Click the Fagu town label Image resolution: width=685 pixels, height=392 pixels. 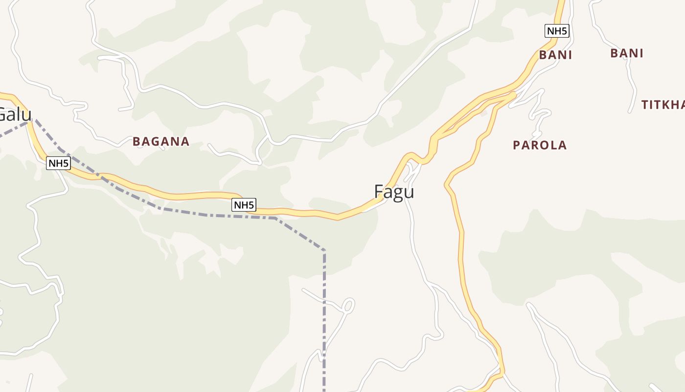[x=394, y=192]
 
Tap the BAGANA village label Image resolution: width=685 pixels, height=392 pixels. [x=160, y=142]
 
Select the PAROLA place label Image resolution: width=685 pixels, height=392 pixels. [x=539, y=145]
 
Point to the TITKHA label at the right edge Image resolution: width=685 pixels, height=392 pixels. [x=662, y=104]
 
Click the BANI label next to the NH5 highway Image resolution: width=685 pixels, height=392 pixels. [x=555, y=55]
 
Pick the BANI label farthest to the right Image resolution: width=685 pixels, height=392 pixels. [x=626, y=53]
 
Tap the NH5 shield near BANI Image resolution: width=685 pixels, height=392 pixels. [x=557, y=31]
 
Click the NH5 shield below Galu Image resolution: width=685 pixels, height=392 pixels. [x=58, y=163]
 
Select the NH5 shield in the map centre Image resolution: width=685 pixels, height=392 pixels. [x=244, y=205]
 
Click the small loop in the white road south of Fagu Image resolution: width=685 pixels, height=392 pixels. [x=348, y=305]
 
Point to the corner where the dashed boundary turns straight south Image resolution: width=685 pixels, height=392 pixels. [x=324, y=250]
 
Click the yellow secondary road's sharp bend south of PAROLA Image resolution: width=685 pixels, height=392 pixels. [x=447, y=185]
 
